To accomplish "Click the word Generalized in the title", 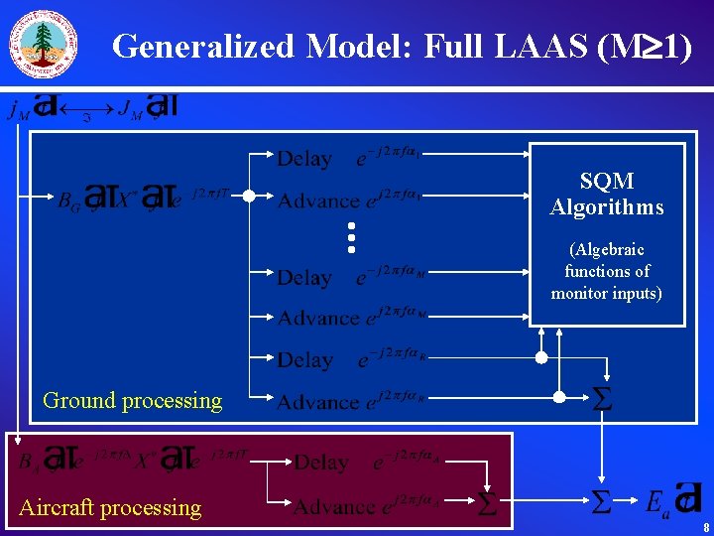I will pos(203,46).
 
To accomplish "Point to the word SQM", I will pos(607,181).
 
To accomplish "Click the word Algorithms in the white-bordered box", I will pos(607,207).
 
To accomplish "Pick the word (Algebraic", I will pos(607,249).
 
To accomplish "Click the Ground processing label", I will pos(133,400).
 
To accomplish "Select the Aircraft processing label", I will pos(110,507).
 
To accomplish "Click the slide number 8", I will pos(704,528).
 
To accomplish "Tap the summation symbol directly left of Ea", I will pos(601,502).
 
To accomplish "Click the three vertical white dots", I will pos(350,236).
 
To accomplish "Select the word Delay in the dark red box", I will pos(321,463).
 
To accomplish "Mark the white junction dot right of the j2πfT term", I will pos(251,196).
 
